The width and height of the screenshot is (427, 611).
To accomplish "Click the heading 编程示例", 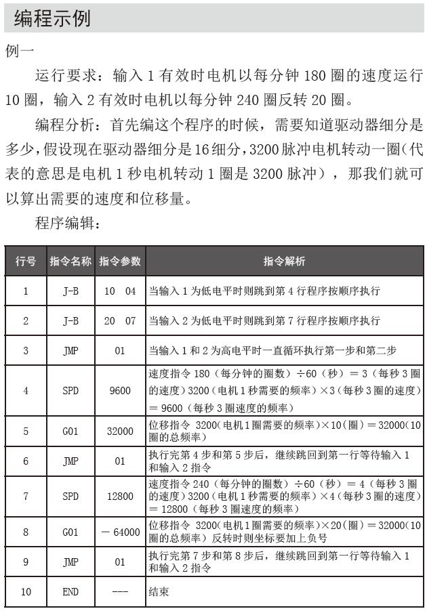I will tap(52, 18).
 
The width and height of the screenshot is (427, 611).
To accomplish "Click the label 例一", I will tap(20, 51).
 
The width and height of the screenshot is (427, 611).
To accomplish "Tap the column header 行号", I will tap(26, 261).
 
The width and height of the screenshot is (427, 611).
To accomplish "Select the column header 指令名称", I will tap(70, 261).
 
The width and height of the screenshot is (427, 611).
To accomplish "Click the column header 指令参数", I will tap(120, 261).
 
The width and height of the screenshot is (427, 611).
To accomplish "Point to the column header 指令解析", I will tap(284, 261).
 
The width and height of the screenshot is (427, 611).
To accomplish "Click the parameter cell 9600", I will tap(120, 391).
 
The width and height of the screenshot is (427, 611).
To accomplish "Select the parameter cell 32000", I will tap(120, 430).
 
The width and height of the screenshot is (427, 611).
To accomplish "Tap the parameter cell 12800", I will tap(120, 497).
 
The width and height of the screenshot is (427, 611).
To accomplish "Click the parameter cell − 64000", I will tap(120, 532).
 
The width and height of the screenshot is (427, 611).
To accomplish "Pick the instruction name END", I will tap(70, 591).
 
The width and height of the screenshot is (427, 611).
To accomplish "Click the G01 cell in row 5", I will tap(70, 430).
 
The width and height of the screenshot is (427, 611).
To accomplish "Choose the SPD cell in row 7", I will tap(70, 497).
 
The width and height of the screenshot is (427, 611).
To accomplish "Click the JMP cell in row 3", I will tap(70, 350).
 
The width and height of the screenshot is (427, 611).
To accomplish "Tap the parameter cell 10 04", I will tap(120, 291).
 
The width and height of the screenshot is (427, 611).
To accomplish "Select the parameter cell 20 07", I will tap(120, 320).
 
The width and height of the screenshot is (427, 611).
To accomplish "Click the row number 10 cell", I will tap(26, 591).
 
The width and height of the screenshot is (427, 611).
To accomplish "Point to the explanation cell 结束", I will tap(159, 591).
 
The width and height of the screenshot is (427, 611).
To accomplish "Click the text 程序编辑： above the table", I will tap(68, 224).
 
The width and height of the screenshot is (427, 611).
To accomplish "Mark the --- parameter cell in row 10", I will tap(120, 591).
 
